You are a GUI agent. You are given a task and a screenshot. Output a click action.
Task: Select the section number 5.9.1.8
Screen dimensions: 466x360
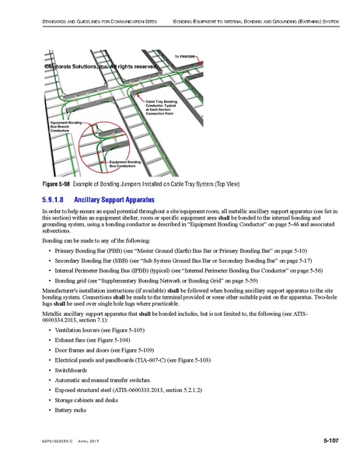[58, 199]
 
